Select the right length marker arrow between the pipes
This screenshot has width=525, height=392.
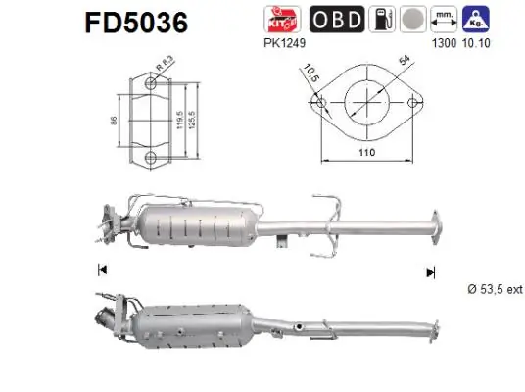pos(428,270)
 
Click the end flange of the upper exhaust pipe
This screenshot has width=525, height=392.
pos(431,224)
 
